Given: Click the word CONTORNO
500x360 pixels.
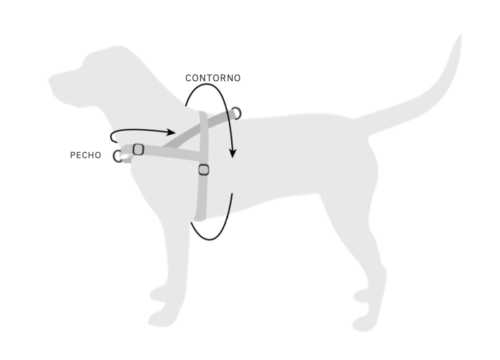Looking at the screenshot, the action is tap(213, 78).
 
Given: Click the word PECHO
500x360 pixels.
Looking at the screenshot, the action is tap(86, 155).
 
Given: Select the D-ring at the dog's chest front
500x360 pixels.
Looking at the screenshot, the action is tap(117, 156).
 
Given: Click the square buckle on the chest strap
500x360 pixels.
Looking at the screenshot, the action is tap(139, 149).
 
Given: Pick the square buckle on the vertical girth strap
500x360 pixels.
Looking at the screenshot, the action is tap(204, 170).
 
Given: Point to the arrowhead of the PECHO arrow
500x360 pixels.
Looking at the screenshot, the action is tap(171, 132).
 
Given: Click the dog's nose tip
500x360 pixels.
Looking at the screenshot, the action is tap(50, 79).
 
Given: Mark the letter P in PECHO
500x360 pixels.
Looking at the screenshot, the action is tap(73, 155).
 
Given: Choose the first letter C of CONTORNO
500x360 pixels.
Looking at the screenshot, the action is tap(188, 78).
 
